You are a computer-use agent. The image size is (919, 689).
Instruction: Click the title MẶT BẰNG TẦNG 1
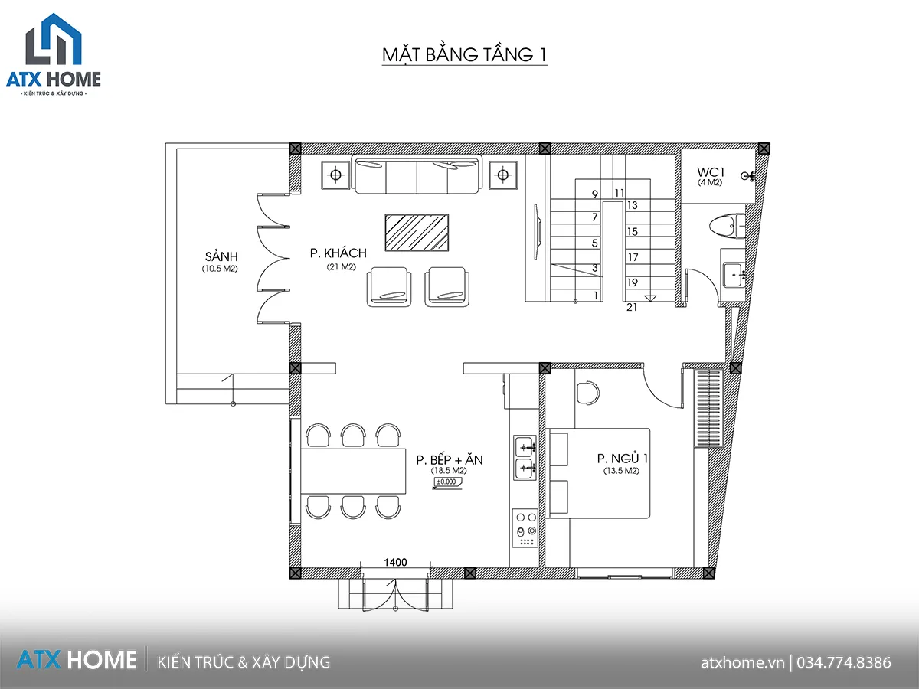pyautogui.click(x=465, y=55)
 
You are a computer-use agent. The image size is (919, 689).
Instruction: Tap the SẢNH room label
pyautogui.click(x=221, y=256)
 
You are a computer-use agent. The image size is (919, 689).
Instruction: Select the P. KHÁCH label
pyautogui.click(x=338, y=253)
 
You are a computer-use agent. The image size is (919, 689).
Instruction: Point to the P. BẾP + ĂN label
pyautogui.click(x=450, y=459)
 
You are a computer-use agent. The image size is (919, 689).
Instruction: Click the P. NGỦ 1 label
pyautogui.click(x=622, y=459)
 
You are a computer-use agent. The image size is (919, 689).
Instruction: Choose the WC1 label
pyautogui.click(x=711, y=172)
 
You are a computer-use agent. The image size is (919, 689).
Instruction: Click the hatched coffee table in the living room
pyautogui.click(x=417, y=233)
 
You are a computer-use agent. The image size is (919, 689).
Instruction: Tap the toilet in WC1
pyautogui.click(x=728, y=226)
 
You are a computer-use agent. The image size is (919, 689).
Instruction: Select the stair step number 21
pyautogui.click(x=632, y=308)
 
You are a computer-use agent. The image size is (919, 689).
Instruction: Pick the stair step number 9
pyautogui.click(x=595, y=194)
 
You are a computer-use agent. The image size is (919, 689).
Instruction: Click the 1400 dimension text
pyautogui.click(x=395, y=562)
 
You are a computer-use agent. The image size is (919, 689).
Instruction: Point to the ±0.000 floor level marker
pyautogui.click(x=447, y=482)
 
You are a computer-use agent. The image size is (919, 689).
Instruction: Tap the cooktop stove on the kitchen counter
pyautogui.click(x=525, y=528)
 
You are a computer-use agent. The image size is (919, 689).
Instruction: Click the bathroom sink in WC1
pyautogui.click(x=734, y=275)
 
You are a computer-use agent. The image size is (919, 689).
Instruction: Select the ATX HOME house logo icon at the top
pyautogui.click(x=54, y=39)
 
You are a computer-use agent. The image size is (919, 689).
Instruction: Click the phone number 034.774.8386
pyautogui.click(x=844, y=662)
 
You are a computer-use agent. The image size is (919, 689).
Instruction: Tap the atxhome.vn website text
pyautogui.click(x=743, y=663)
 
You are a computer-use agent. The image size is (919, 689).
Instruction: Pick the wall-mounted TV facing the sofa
pyautogui.click(x=537, y=232)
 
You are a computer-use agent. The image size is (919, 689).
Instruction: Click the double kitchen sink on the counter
pyautogui.click(x=525, y=458)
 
